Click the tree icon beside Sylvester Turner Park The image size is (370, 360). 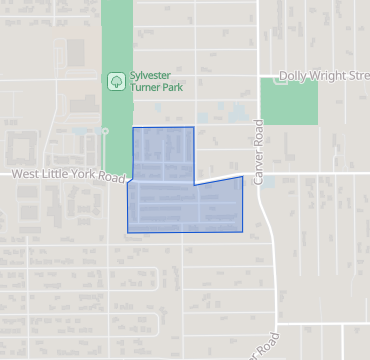click(116, 81)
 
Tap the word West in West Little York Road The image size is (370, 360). click(26, 174)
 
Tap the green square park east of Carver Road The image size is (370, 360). click(288, 101)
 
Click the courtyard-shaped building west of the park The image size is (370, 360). click(21, 148)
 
